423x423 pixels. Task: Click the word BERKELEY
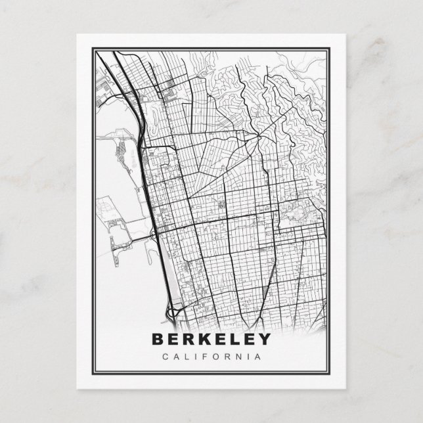[x=211, y=340]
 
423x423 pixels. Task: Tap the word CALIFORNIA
[x=211, y=357]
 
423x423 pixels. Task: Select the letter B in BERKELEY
[x=158, y=340]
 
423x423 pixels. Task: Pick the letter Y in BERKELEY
[x=264, y=340]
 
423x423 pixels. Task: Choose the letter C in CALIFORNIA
[x=164, y=357]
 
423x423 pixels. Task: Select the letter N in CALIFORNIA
[x=238, y=357]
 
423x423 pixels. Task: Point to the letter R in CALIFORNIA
[x=227, y=357]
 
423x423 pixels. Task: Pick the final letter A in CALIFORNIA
[x=257, y=357]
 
